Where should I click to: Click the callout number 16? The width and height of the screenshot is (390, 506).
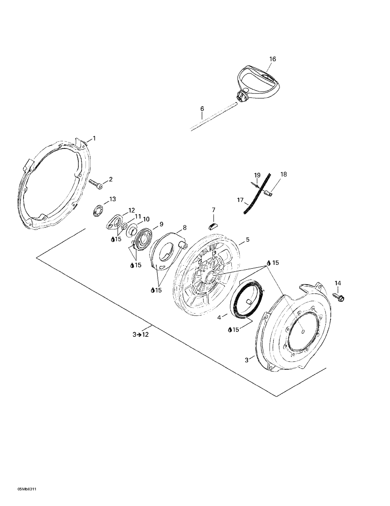[x=272, y=59]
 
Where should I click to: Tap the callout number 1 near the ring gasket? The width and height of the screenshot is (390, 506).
[x=94, y=139]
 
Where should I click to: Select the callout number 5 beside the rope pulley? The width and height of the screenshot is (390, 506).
[x=248, y=239]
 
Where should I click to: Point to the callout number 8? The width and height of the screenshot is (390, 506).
[x=185, y=228]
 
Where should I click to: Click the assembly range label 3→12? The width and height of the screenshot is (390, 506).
[x=141, y=335]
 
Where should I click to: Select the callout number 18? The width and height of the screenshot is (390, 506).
[x=283, y=174]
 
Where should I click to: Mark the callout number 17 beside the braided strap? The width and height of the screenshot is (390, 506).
[x=240, y=200]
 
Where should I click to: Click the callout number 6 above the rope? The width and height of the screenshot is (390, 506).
[x=202, y=109]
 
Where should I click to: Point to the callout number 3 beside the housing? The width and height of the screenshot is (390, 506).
[x=246, y=360]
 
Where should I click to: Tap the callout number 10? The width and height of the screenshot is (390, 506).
[x=146, y=219]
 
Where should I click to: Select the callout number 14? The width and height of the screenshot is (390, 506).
[x=338, y=283]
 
